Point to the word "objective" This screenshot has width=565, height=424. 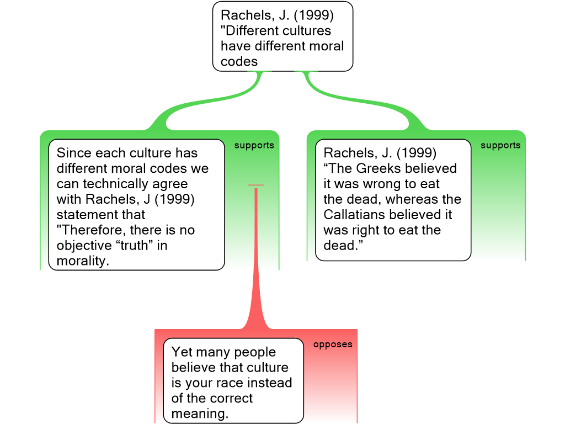point(84,246)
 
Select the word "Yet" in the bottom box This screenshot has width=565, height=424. point(182,352)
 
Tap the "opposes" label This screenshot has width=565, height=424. point(333,344)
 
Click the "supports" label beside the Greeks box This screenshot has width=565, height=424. point(500,145)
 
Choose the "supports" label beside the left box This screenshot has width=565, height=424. point(254,145)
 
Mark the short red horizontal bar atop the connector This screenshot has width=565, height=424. point(256,185)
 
